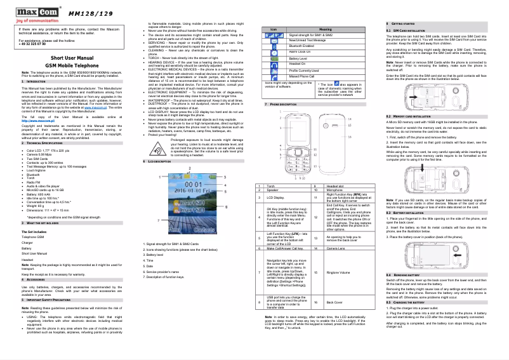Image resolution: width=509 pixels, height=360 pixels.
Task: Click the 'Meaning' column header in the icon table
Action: [x=325, y=29]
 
